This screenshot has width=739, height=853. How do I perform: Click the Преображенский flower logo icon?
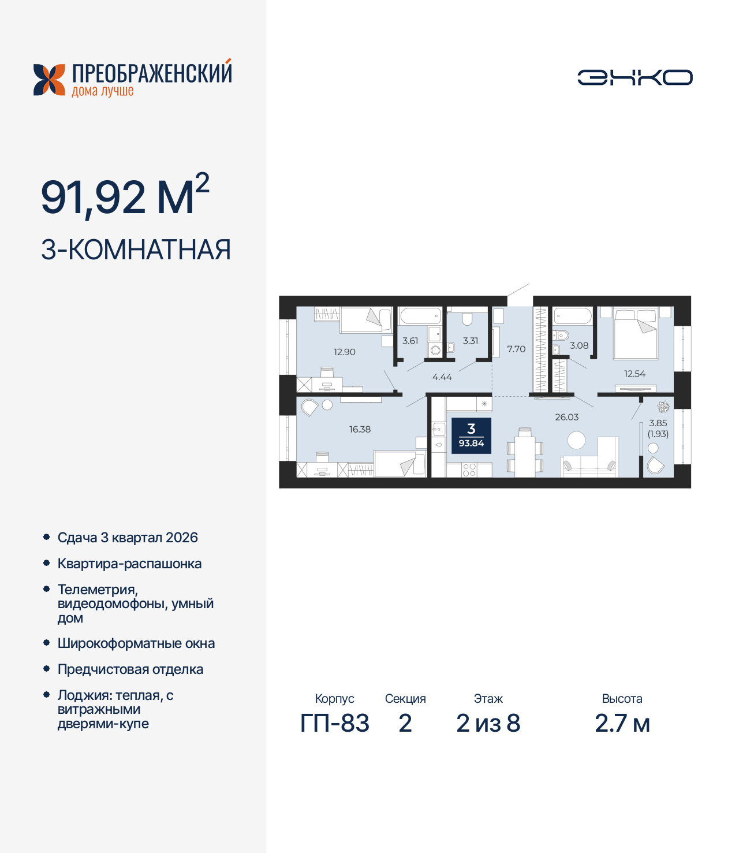(49, 80)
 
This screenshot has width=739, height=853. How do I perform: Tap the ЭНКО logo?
(635, 77)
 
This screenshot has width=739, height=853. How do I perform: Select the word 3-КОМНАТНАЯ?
(136, 250)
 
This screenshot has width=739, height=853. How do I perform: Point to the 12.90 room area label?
(344, 352)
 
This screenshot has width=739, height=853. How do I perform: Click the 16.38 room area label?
(360, 429)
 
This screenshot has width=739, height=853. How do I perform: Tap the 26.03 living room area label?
(566, 417)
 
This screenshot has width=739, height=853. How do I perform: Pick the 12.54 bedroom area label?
(635, 374)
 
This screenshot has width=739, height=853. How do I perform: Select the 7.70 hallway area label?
(516, 349)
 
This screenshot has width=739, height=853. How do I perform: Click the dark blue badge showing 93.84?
(471, 435)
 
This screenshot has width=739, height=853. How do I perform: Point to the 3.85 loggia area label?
(658, 423)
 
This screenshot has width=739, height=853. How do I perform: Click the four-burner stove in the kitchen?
(469, 470)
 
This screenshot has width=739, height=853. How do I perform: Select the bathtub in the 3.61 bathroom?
(420, 316)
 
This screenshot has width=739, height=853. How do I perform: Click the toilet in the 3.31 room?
(467, 319)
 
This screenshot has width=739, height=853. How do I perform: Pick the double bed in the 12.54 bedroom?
(636, 333)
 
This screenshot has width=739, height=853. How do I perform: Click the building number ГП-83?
(335, 723)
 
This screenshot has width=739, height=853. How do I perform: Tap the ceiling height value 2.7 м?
(622, 723)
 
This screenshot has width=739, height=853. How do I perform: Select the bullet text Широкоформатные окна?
(136, 643)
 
